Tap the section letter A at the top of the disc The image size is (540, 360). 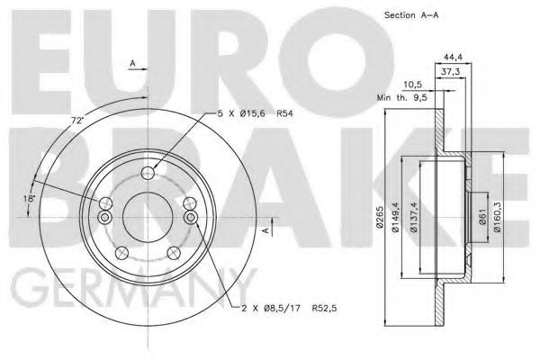pyautogui.click(x=132, y=64)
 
